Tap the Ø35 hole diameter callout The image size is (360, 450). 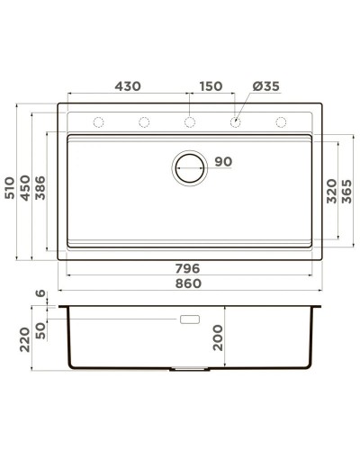point(266,86)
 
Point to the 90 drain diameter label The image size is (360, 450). point(223,162)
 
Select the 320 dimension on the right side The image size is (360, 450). point(332,191)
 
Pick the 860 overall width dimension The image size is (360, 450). point(186,284)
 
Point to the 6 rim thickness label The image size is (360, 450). point(40,293)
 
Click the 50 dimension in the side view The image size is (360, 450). point(40,330)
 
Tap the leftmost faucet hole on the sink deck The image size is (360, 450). point(99,122)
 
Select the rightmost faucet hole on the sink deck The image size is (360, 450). point(281,122)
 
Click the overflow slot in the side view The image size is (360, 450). point(191,319)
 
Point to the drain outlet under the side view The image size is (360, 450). point(190,369)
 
